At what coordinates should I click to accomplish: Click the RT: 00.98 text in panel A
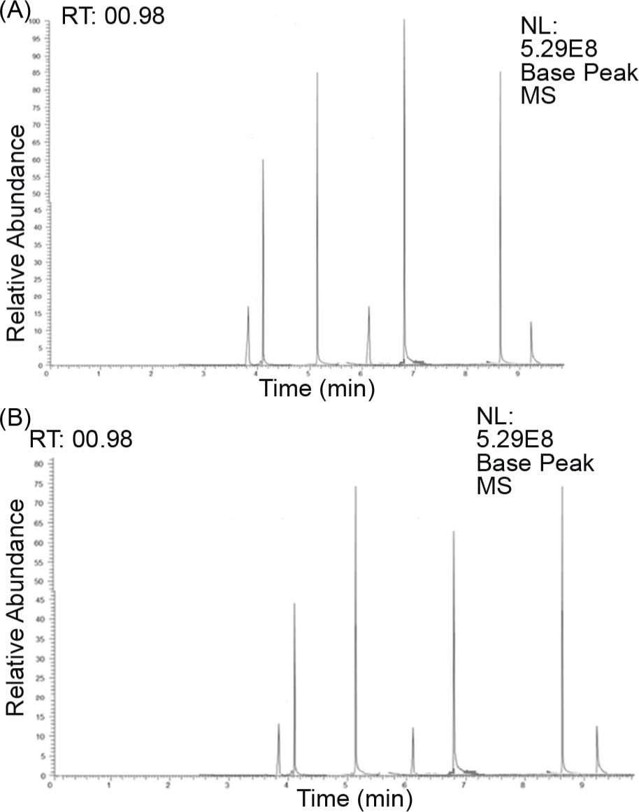pos(113,15)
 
